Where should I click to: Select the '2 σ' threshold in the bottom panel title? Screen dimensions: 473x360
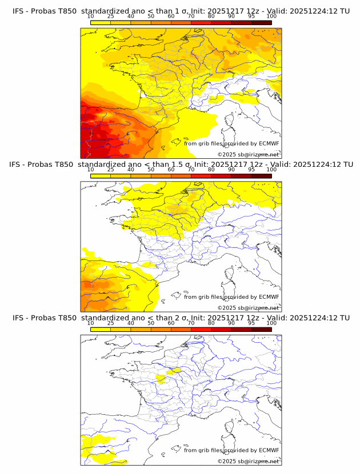[185, 318]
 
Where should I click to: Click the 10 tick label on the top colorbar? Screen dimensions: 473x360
[90, 17]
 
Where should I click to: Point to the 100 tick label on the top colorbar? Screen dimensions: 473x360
[271, 17]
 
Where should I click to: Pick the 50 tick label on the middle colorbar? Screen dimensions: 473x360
[151, 170]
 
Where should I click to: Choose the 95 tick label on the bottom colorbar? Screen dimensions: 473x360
[251, 323]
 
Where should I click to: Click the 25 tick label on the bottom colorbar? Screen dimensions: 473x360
[110, 323]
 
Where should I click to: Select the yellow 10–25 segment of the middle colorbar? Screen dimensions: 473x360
[101, 175]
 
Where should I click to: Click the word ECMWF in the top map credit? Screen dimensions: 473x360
[269, 144]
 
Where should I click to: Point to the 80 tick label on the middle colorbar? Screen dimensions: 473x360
[211, 170]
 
